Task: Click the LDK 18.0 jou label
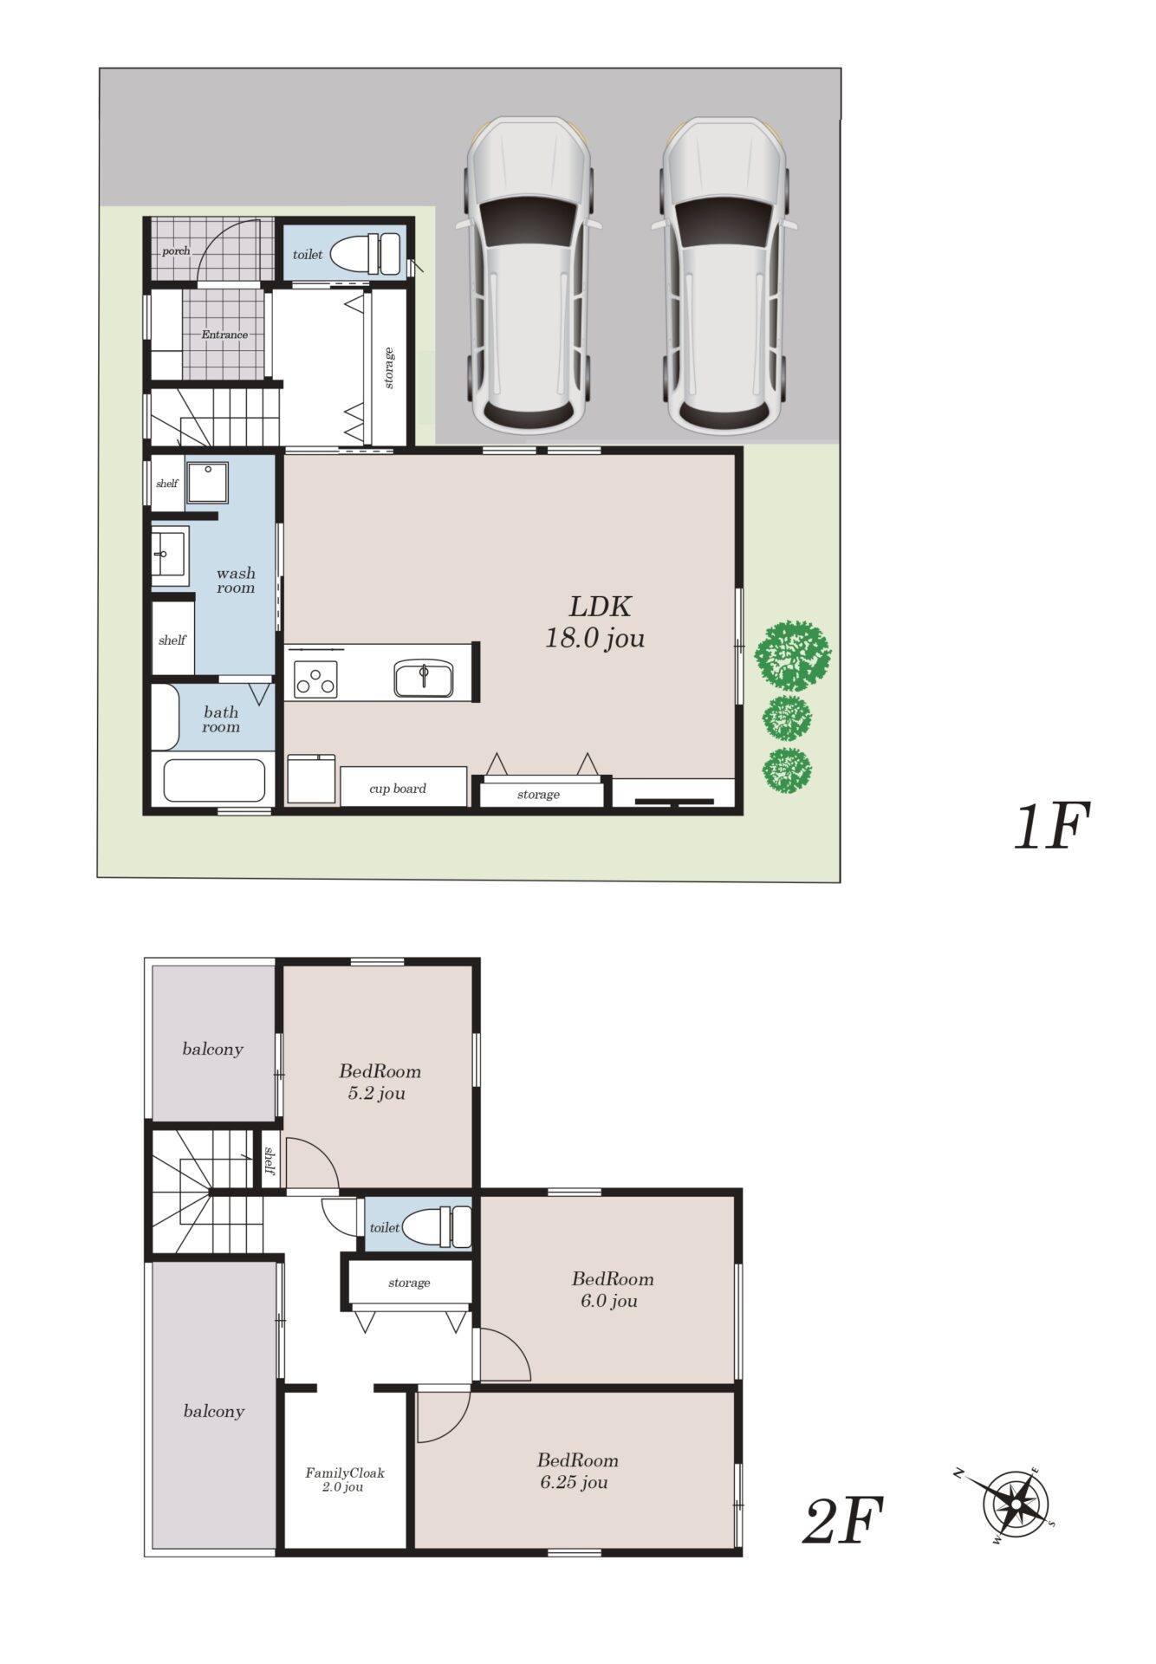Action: coord(595,622)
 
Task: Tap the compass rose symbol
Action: coord(1014,1505)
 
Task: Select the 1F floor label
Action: coord(1051,826)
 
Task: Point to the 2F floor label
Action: coord(843,1521)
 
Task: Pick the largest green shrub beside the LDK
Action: coord(792,654)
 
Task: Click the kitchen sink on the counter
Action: coord(423,678)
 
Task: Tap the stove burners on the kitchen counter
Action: coord(315,679)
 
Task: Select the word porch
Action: coord(176,250)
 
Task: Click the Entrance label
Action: coord(224,335)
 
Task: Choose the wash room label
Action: coord(236,580)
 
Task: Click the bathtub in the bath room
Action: coord(214,781)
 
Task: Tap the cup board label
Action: coord(398,789)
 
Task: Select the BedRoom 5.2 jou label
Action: coord(379,1082)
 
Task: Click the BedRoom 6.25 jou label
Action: coord(576,1471)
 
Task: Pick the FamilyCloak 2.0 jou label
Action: coord(344,1479)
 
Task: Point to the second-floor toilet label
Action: coord(384,1227)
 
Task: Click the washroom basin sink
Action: coord(168,552)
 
